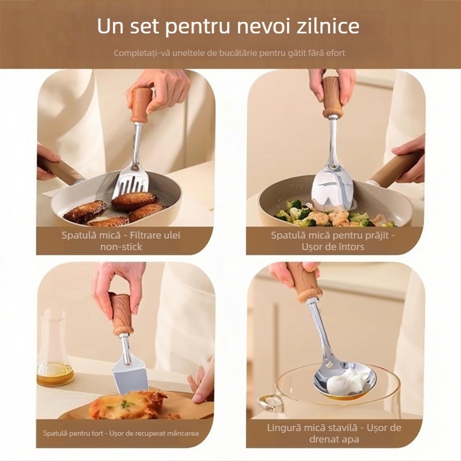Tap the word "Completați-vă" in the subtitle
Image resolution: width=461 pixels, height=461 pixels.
138,53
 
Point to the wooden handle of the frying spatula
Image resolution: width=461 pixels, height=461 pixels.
332,96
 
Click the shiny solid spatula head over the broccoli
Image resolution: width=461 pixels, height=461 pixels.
334,184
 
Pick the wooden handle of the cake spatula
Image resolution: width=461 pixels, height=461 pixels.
122,314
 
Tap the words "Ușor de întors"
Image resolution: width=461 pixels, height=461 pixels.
334,247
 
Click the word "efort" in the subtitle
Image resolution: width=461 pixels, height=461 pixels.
334,53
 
